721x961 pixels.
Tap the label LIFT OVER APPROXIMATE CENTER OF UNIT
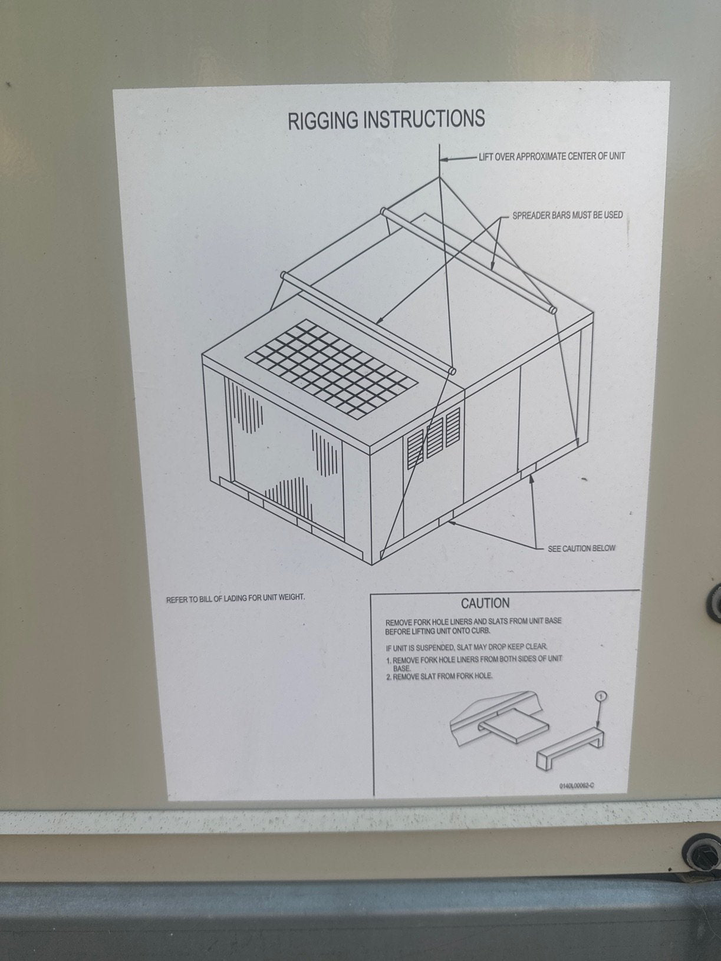(551, 157)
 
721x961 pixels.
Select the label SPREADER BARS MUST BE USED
(567, 215)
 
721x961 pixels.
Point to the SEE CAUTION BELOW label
(581, 548)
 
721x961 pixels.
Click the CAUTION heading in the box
(485, 603)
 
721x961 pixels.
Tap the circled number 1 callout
(600, 697)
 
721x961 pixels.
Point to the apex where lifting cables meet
(440, 176)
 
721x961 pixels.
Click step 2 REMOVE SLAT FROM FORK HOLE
(442, 676)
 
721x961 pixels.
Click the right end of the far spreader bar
(552, 309)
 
